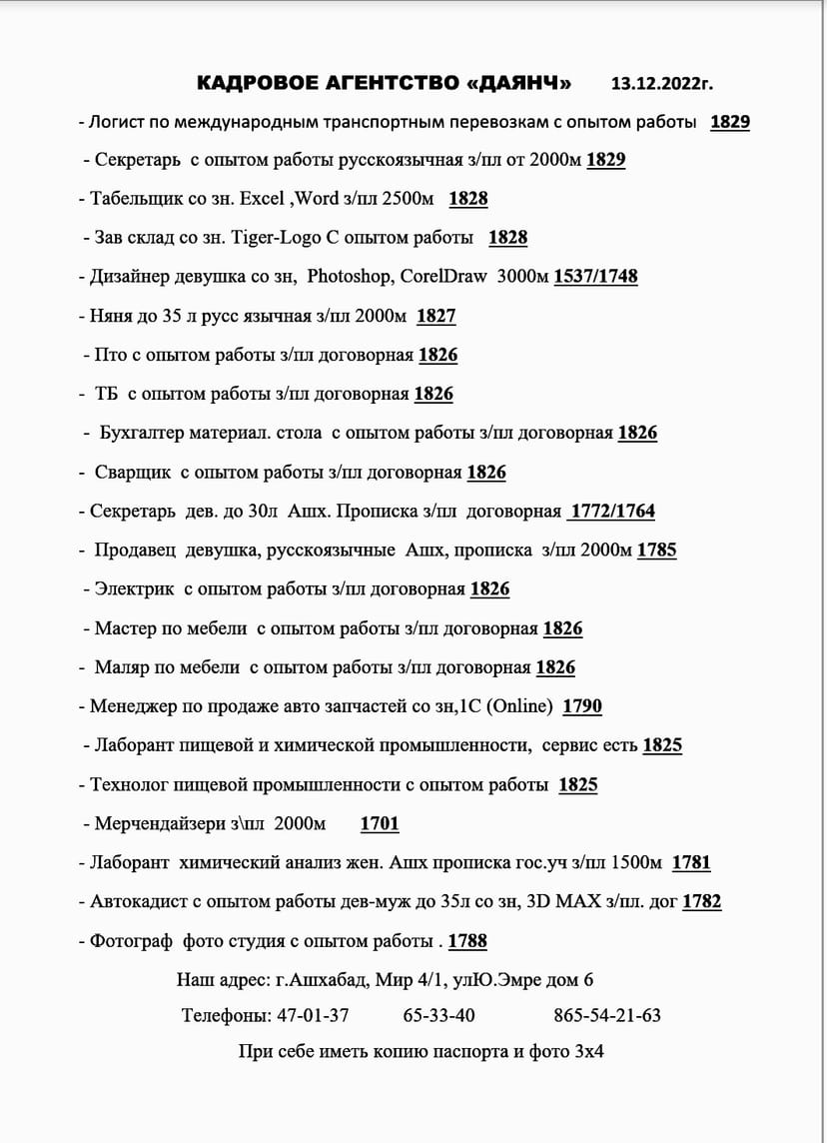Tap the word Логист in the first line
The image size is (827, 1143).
(116, 122)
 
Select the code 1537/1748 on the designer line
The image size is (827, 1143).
(595, 277)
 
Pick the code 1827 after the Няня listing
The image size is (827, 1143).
(435, 316)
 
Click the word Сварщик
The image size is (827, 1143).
(135, 472)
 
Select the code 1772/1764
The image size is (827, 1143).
(611, 512)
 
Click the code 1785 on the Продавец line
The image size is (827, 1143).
(656, 551)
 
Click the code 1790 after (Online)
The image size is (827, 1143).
(582, 706)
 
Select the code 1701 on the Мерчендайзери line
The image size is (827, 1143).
(380, 824)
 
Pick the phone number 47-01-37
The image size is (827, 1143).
(313, 1015)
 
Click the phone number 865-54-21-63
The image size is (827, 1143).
(607, 1015)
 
